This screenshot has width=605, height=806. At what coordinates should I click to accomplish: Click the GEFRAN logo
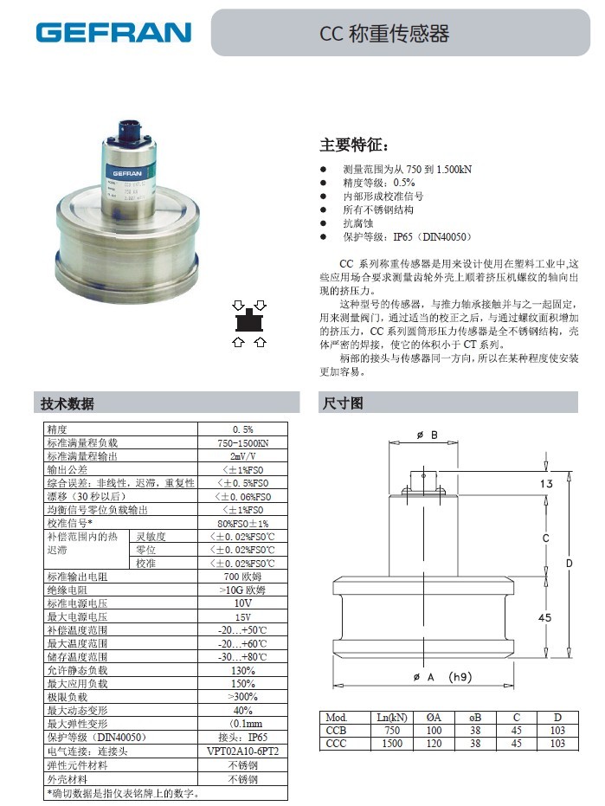(113, 33)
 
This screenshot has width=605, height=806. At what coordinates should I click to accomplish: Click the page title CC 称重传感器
(384, 34)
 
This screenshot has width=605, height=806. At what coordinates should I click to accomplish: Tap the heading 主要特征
(355, 145)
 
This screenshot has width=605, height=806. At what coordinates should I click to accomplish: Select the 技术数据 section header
(68, 403)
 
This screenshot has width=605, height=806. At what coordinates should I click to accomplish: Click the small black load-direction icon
(249, 323)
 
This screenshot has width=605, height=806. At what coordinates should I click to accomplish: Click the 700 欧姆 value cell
(242, 577)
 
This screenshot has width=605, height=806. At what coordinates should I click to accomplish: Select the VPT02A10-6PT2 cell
(242, 751)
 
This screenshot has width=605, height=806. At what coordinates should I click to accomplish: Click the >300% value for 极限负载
(242, 696)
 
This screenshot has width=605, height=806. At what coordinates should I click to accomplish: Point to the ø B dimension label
(428, 435)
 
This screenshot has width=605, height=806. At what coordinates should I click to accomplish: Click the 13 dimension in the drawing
(546, 484)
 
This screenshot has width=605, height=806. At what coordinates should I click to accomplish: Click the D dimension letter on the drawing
(570, 564)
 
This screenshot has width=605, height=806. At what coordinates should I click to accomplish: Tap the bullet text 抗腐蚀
(357, 223)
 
